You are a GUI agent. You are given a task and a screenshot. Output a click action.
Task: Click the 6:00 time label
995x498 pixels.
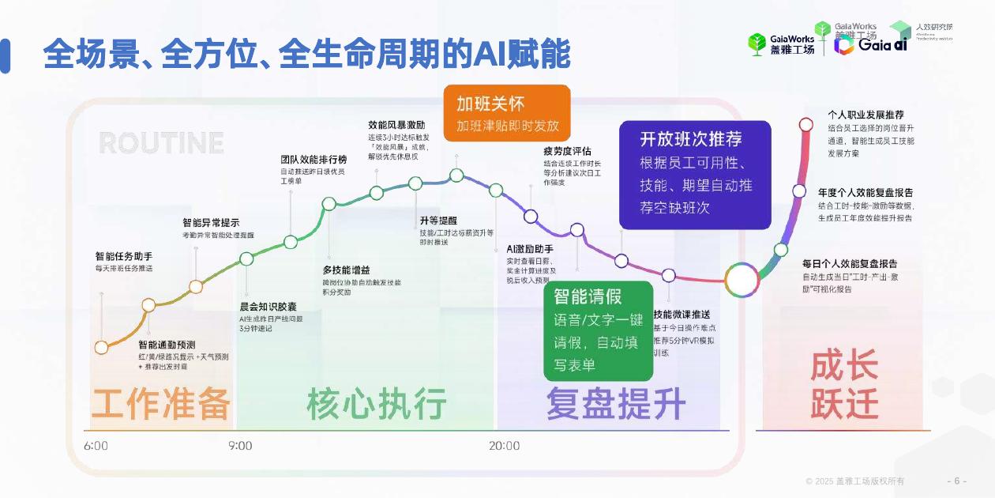(x=96, y=446)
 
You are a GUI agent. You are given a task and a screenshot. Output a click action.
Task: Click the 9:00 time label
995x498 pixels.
(x=239, y=446)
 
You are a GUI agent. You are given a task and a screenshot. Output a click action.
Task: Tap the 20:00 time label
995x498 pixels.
(x=504, y=446)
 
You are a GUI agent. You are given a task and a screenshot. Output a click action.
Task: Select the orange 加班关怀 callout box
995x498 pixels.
(x=506, y=113)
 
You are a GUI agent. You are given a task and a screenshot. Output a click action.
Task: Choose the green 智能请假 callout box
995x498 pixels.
(x=599, y=330)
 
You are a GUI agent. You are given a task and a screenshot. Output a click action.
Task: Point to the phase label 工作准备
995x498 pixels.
(x=161, y=404)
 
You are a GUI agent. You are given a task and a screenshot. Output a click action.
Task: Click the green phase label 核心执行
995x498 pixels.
(x=377, y=404)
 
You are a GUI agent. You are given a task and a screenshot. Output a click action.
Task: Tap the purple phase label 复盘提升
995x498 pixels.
(x=616, y=404)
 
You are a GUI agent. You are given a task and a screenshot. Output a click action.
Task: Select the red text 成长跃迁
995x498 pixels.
(x=844, y=387)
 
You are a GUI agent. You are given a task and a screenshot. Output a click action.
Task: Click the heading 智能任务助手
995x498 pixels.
(x=124, y=256)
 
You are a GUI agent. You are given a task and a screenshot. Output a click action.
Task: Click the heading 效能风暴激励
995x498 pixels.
(x=396, y=125)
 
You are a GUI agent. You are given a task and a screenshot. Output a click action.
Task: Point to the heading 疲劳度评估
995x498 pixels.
(x=567, y=151)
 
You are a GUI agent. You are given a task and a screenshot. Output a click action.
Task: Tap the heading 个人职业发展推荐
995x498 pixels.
(x=865, y=115)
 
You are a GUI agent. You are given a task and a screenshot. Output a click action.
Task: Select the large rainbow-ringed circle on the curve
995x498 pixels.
(x=741, y=280)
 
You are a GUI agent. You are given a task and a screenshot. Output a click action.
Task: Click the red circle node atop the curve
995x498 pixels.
(x=805, y=124)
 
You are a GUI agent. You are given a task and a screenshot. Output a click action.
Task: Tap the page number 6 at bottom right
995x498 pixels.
(x=956, y=481)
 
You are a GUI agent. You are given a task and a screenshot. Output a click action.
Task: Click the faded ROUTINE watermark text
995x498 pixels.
(x=161, y=143)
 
